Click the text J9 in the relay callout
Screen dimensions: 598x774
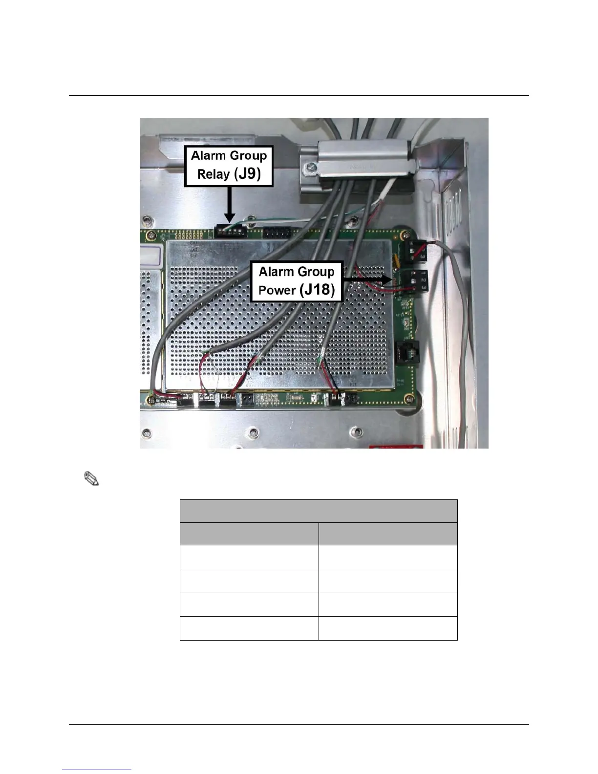point(248,174)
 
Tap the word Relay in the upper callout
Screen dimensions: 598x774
point(214,174)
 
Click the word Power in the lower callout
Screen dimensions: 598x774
point(277,290)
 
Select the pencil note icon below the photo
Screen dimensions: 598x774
point(91,478)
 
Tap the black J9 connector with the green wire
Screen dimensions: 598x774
point(231,230)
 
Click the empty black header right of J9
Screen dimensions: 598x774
point(280,233)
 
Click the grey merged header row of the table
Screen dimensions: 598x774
point(319,511)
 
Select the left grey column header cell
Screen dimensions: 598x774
point(249,534)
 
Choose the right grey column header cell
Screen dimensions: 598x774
point(388,534)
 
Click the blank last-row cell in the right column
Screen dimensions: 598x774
point(388,628)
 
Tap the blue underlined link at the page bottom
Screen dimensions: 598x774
point(97,770)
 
